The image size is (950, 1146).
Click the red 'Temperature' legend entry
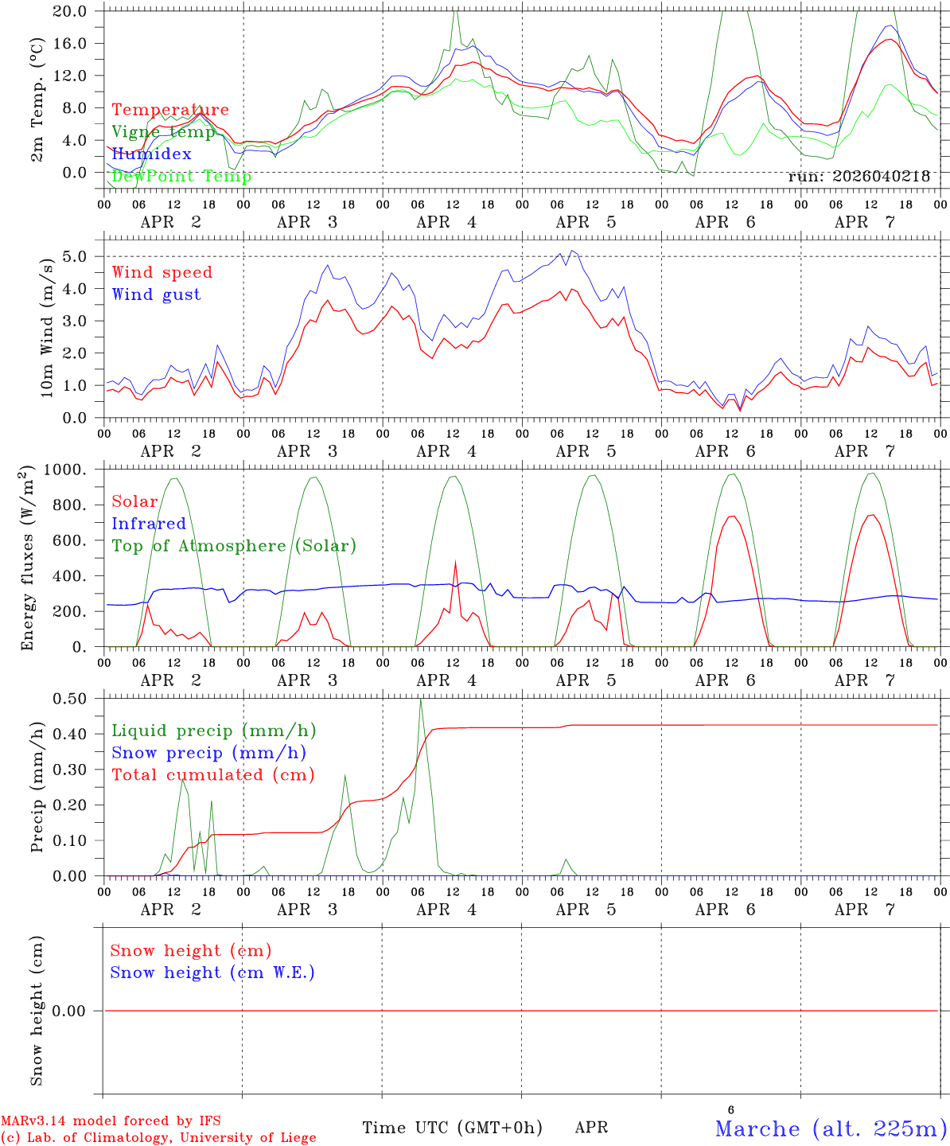click(170, 110)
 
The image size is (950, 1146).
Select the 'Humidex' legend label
click(151, 154)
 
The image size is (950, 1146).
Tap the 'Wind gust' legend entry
click(156, 294)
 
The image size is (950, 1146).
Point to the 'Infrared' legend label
click(149, 524)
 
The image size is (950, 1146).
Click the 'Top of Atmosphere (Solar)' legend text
click(234, 546)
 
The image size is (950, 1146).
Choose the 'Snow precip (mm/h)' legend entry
click(208, 753)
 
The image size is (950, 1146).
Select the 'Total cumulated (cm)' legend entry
click(212, 775)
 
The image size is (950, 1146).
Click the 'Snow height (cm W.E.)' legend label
click(212, 973)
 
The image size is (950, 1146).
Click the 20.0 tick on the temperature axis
click(71, 11)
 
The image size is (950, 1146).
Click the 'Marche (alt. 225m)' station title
click(831, 1128)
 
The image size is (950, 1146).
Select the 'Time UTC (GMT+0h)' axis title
click(452, 1128)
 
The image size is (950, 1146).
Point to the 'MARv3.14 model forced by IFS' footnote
click(111, 1121)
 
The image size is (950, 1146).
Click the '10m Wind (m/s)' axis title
click(48, 326)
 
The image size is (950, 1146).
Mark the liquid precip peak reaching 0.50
click(421, 700)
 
